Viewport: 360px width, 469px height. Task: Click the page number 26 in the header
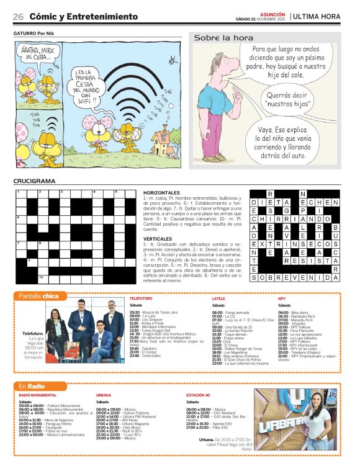18,16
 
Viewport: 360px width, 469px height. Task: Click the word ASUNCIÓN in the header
272,13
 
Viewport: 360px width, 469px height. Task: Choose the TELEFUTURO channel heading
142,298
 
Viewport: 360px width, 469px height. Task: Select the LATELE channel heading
218,298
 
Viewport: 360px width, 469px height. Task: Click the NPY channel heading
282,298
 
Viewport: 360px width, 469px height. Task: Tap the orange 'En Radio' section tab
36,386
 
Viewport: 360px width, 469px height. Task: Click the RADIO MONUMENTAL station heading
38,395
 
